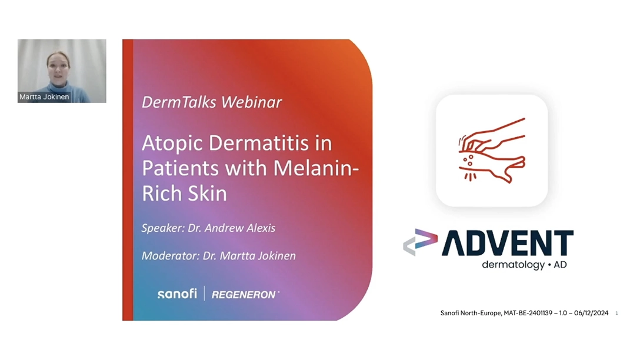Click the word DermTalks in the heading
pyautogui.click(x=179, y=102)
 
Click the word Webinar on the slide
pyautogui.click(x=251, y=102)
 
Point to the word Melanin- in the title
pyautogui.click(x=316, y=168)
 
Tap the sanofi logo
pyautogui.click(x=177, y=294)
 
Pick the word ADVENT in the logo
pyautogui.click(x=507, y=243)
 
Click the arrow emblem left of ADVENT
pyautogui.click(x=420, y=242)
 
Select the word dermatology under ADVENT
pyautogui.click(x=513, y=265)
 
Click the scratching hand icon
pyautogui.click(x=492, y=150)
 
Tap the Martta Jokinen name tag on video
pyautogui.click(x=44, y=96)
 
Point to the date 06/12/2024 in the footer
pyautogui.click(x=591, y=313)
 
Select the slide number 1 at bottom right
pyautogui.click(x=616, y=313)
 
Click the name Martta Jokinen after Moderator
pyautogui.click(x=258, y=256)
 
